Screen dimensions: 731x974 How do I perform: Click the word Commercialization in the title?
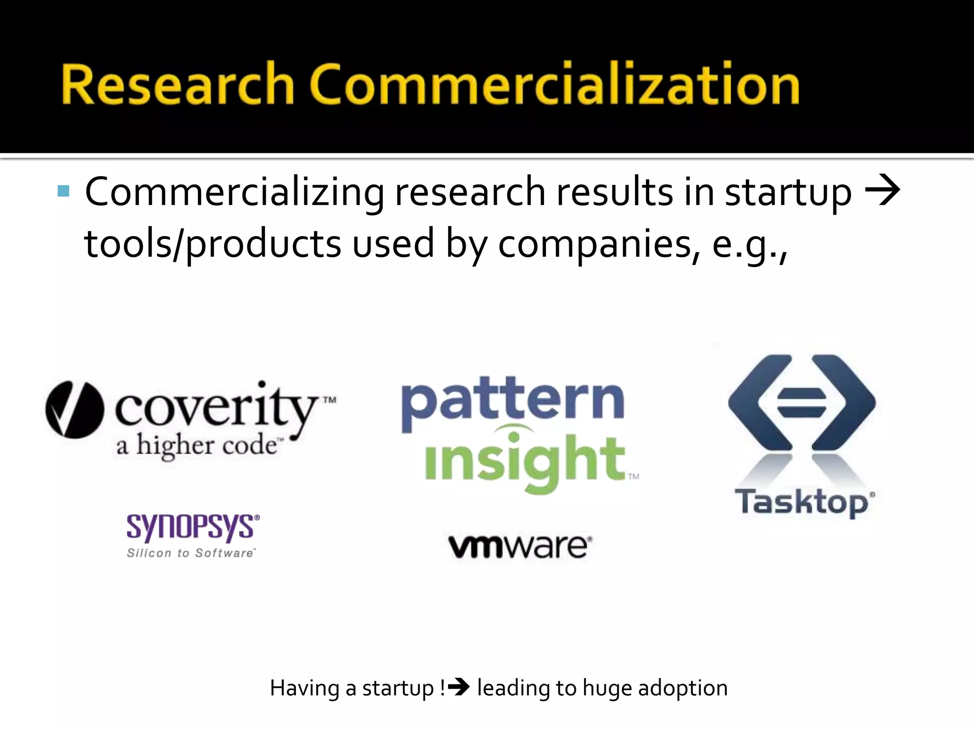pyautogui.click(x=555, y=84)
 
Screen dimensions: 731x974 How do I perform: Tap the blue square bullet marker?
pyautogui.click(x=63, y=191)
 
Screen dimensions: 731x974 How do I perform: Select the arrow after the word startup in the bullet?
pyautogui.click(x=883, y=191)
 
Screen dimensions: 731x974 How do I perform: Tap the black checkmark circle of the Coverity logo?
pyautogui.click(x=75, y=409)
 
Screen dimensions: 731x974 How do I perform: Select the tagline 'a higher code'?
pyautogui.click(x=197, y=446)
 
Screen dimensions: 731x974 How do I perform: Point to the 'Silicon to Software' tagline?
pyautogui.click(x=191, y=553)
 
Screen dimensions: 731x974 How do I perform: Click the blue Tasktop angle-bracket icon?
pyautogui.click(x=801, y=402)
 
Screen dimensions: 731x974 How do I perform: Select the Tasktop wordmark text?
pyautogui.click(x=804, y=502)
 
